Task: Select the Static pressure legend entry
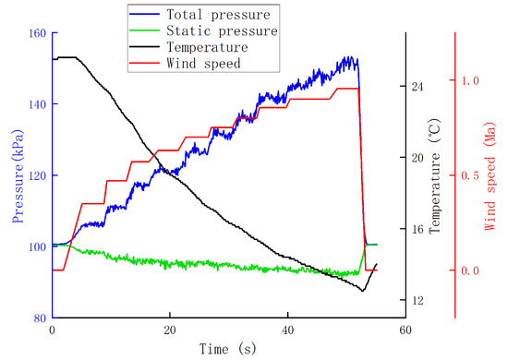(x=203, y=30)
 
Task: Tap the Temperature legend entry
(x=188, y=47)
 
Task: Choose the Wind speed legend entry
(x=185, y=63)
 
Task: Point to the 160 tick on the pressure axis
(x=38, y=33)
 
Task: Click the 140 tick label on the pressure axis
(x=38, y=104)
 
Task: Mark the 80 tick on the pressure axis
(x=41, y=318)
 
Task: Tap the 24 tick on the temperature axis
(x=417, y=87)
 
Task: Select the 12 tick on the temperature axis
(x=417, y=300)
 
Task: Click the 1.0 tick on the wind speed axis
(x=470, y=80)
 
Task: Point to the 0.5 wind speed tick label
(x=470, y=175)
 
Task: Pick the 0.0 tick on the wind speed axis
(x=470, y=270)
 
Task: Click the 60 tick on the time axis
(x=405, y=330)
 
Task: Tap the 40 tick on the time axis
(x=287, y=330)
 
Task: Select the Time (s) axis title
(x=228, y=349)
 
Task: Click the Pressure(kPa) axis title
(x=18, y=176)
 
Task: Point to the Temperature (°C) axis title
(x=435, y=175)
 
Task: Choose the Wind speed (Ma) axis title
(x=490, y=176)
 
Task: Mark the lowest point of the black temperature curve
(x=363, y=291)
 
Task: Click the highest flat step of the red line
(x=347, y=89)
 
